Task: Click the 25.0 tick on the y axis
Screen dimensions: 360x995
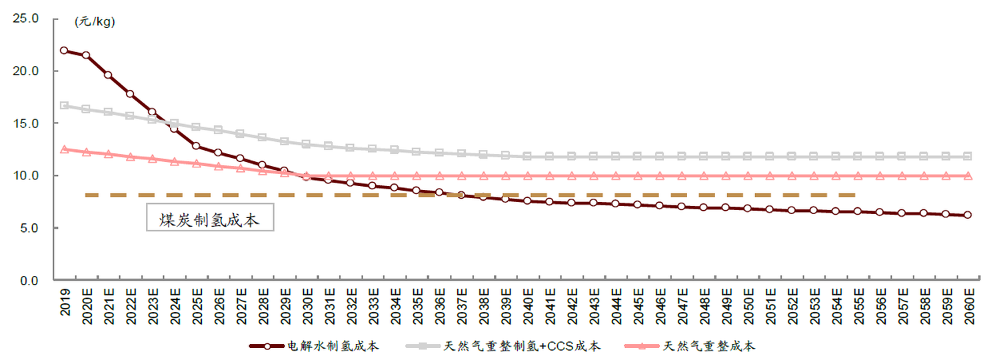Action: (x=26, y=19)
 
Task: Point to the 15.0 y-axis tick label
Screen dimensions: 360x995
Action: (x=26, y=123)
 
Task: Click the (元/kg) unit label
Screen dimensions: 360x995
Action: (x=95, y=22)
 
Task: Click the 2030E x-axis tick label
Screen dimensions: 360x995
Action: (x=307, y=307)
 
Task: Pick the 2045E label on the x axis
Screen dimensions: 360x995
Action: (x=637, y=307)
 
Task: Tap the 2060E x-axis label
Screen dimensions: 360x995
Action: (x=968, y=307)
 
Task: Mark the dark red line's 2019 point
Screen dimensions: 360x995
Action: (x=64, y=50)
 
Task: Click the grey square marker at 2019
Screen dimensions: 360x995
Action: (x=64, y=105)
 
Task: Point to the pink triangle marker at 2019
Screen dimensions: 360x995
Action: (x=64, y=149)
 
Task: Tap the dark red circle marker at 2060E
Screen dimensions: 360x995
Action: (x=968, y=215)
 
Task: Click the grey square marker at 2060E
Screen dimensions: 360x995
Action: (x=968, y=156)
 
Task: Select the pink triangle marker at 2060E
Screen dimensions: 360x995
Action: (x=968, y=176)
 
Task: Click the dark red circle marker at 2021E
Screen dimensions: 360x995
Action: (x=108, y=75)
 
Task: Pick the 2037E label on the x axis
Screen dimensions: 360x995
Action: (x=461, y=307)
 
